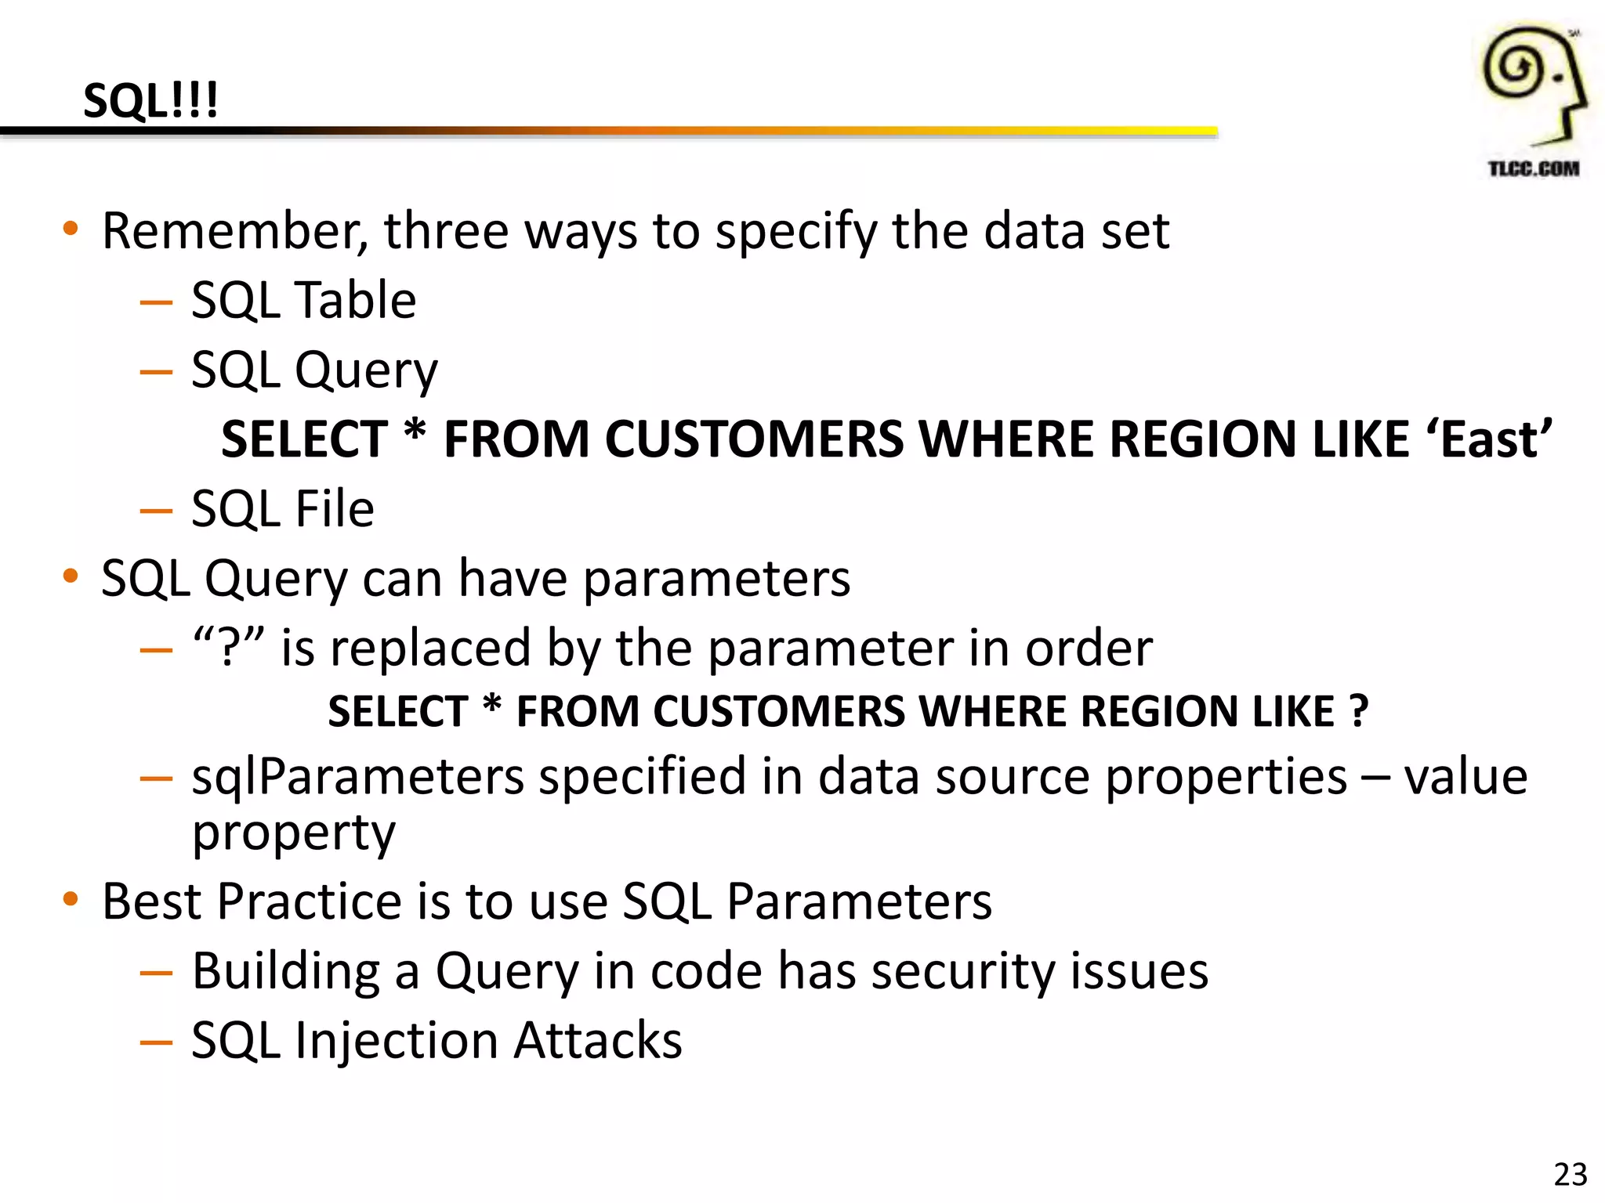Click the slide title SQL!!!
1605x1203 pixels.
point(150,101)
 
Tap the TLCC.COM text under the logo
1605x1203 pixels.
point(1533,168)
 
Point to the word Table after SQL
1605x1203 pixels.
point(355,301)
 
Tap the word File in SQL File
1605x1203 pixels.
point(334,509)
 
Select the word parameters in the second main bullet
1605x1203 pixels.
point(716,580)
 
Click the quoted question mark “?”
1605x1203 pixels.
point(229,648)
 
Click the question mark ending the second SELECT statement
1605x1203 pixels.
point(1358,711)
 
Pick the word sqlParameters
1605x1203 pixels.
point(357,777)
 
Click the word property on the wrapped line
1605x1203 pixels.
point(294,833)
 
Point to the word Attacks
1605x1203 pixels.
point(598,1041)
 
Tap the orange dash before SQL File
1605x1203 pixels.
point(156,511)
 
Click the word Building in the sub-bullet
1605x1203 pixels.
point(286,972)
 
